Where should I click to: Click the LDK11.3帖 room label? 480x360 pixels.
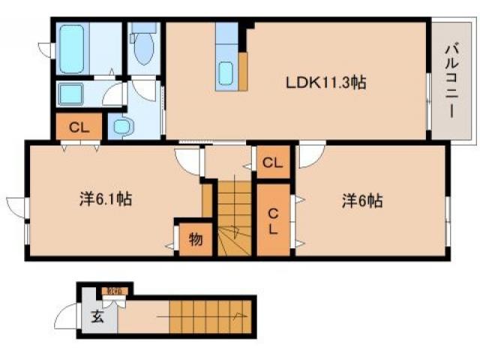pos(324,82)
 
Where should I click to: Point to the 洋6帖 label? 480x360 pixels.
pos(363,200)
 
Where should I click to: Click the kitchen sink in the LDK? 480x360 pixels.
pos(226,73)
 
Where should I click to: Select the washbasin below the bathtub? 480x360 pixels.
pos(73,94)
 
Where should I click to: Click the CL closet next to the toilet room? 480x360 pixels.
pos(79,127)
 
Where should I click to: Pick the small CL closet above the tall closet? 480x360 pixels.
pos(272,162)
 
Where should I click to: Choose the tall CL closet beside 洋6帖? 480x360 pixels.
pos(273,220)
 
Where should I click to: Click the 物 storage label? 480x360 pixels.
pos(194,239)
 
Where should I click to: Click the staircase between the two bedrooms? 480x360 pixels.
pos(235,217)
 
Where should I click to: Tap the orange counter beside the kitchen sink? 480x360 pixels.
pos(244,71)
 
